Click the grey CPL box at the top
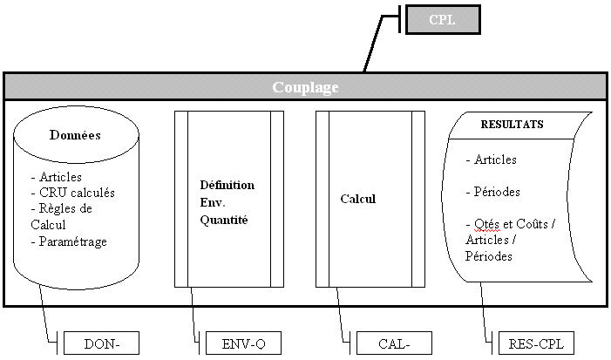[443, 19]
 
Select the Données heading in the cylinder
[75, 137]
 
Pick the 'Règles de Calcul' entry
[61, 217]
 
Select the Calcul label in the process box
[357, 199]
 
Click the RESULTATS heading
[512, 125]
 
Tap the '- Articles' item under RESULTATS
[492, 160]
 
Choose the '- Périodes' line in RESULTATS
[493, 192]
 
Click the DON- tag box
[101, 343]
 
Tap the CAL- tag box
[394, 343]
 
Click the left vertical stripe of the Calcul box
[322, 199]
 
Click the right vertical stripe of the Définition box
[277, 199]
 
